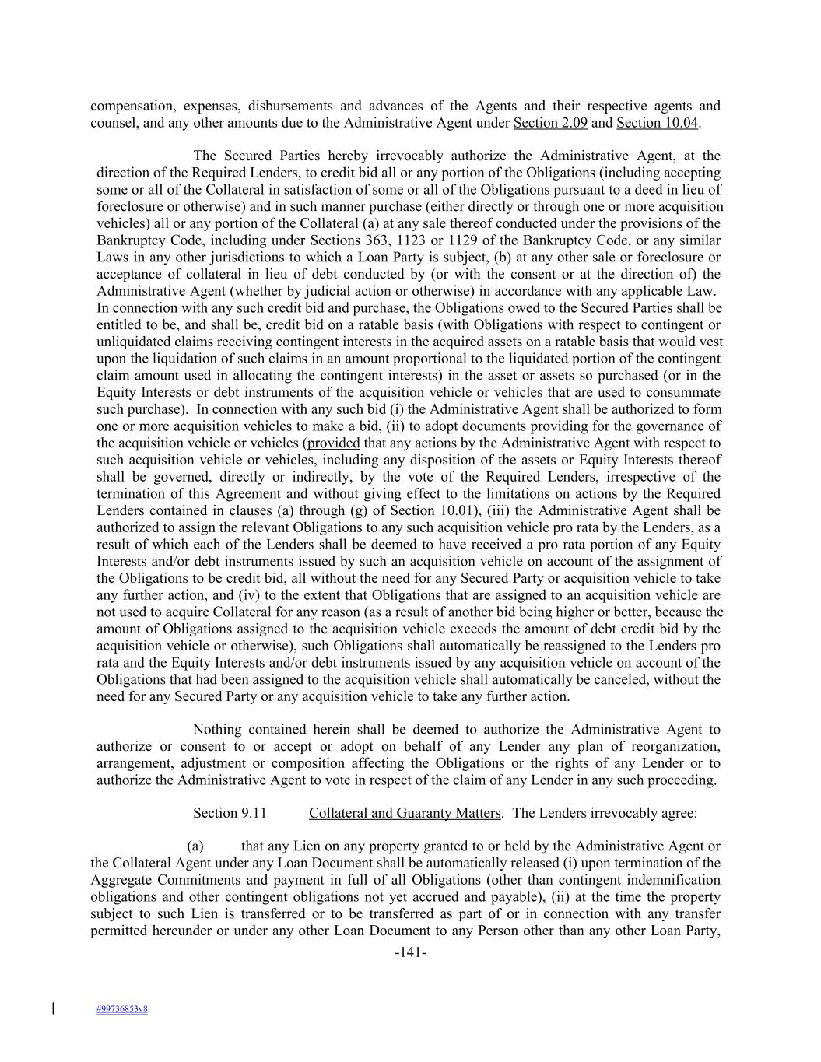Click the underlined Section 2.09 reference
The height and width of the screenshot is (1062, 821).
[x=550, y=123]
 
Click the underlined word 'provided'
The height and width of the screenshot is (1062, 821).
[x=333, y=443]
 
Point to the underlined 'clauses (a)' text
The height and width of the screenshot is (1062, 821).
[x=261, y=511]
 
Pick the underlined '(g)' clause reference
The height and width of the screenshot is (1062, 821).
[x=359, y=511]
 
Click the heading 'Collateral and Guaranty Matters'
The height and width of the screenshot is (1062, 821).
[x=404, y=814]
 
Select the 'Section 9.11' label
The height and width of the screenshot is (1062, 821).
[x=230, y=814]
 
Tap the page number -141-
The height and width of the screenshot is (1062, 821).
[x=410, y=953]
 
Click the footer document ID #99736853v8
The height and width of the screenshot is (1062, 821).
[x=122, y=1010]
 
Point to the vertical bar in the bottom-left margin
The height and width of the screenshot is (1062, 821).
[x=53, y=1009]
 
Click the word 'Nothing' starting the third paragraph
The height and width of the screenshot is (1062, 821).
[x=217, y=730]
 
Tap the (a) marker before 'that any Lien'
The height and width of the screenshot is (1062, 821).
[x=195, y=846]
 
